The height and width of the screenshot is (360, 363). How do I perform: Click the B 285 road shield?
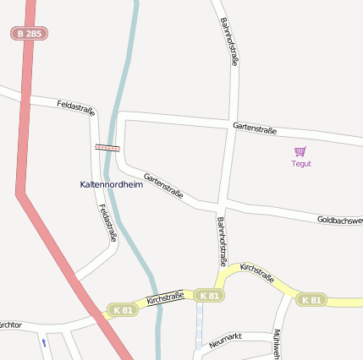[x=29, y=34]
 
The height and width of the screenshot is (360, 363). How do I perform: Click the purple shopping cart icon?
[x=300, y=151]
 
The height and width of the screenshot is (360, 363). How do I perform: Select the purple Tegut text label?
[x=301, y=164]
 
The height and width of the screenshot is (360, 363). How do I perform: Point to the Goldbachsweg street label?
[x=339, y=220]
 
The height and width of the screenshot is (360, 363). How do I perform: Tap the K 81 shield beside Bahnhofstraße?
[x=208, y=296]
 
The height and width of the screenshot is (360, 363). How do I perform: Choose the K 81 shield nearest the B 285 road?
[x=122, y=311]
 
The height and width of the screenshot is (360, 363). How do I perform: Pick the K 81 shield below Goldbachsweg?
[x=311, y=300]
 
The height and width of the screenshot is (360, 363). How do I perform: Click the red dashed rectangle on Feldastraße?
[x=107, y=147]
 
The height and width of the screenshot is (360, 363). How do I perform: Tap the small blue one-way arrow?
[x=43, y=342]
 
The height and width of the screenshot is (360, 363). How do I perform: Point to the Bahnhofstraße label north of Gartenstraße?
[x=229, y=41]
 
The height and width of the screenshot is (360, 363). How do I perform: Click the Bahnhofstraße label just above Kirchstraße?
[x=223, y=241]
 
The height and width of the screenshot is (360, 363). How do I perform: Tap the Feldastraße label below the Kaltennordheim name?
[x=106, y=223]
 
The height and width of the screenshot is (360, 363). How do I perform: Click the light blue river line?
[x=129, y=85]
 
